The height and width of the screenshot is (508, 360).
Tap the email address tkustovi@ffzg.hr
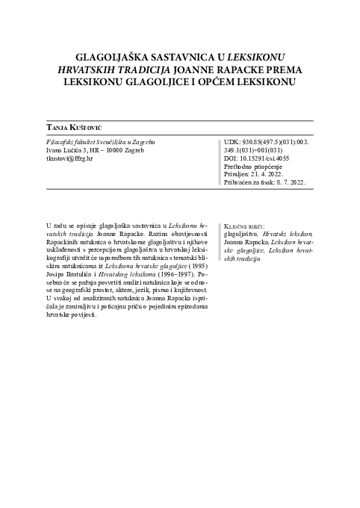click(x=69, y=159)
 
